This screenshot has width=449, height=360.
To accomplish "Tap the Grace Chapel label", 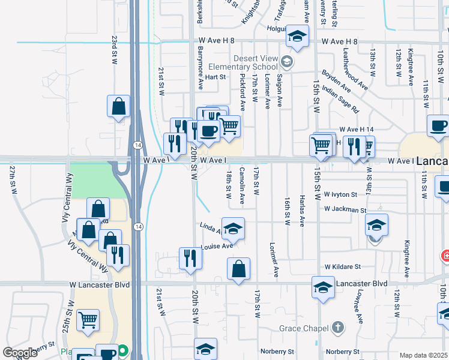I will [x=304, y=328].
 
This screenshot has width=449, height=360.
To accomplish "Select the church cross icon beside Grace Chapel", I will [x=338, y=328].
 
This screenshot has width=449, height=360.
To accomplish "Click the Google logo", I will [x=20, y=353].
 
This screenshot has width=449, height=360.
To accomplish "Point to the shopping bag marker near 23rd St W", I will [x=119, y=107].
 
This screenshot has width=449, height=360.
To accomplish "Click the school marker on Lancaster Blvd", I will [x=323, y=287].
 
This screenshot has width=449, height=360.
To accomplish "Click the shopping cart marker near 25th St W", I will [x=88, y=320].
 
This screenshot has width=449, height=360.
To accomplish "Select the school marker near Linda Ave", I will [x=233, y=229].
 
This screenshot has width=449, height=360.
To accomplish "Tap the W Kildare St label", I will [x=342, y=266].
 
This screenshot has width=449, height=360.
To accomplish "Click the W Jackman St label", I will [x=345, y=210].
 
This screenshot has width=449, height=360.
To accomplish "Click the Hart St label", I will [x=215, y=77].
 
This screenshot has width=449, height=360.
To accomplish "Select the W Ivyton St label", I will [x=340, y=194].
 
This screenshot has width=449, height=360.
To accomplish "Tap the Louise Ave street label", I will [x=217, y=246].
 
